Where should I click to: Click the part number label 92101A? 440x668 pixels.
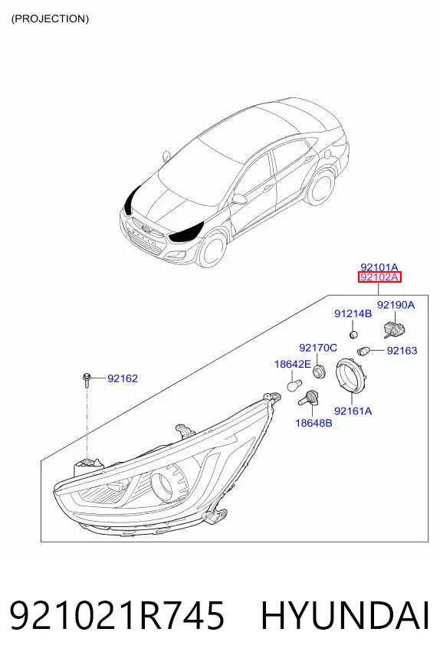tap(379, 267)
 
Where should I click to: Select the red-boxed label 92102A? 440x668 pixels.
tap(379, 278)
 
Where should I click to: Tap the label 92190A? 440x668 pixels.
tap(396, 305)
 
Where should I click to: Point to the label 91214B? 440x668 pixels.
tap(353, 314)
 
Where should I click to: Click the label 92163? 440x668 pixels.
tap(402, 351)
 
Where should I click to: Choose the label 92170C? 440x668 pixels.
tap(318, 348)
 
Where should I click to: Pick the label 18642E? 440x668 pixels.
tap(293, 364)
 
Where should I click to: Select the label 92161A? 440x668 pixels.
tap(353, 411)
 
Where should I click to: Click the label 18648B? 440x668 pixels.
tap(314, 423)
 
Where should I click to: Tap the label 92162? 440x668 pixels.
tap(123, 378)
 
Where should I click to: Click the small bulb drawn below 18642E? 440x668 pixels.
tap(294, 385)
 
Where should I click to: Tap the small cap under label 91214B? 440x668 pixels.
tap(353, 335)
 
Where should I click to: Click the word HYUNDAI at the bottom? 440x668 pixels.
tap(345, 616)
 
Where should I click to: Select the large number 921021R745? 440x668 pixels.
tap(117, 616)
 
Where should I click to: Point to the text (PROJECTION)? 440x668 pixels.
tap(50, 18)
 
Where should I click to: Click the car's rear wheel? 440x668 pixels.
tap(320, 188)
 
